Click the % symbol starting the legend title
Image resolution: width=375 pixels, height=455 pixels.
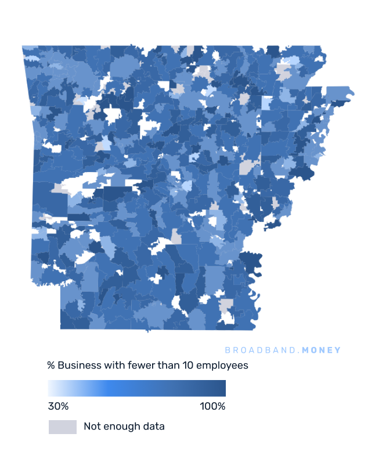pyautogui.click(x=51, y=366)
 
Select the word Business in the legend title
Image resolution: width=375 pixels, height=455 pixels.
pyautogui.click(x=77, y=366)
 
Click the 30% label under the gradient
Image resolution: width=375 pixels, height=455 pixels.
pyautogui.click(x=58, y=406)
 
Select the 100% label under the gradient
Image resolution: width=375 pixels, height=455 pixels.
pyautogui.click(x=212, y=406)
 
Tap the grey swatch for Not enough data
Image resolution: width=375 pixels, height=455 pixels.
pyautogui.click(x=62, y=427)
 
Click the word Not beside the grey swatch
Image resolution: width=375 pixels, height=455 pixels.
pyautogui.click(x=92, y=427)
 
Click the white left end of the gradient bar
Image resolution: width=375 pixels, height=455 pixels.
pyautogui.click(x=50, y=388)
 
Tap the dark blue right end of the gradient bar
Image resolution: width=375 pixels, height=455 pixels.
pyautogui.click(x=223, y=388)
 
